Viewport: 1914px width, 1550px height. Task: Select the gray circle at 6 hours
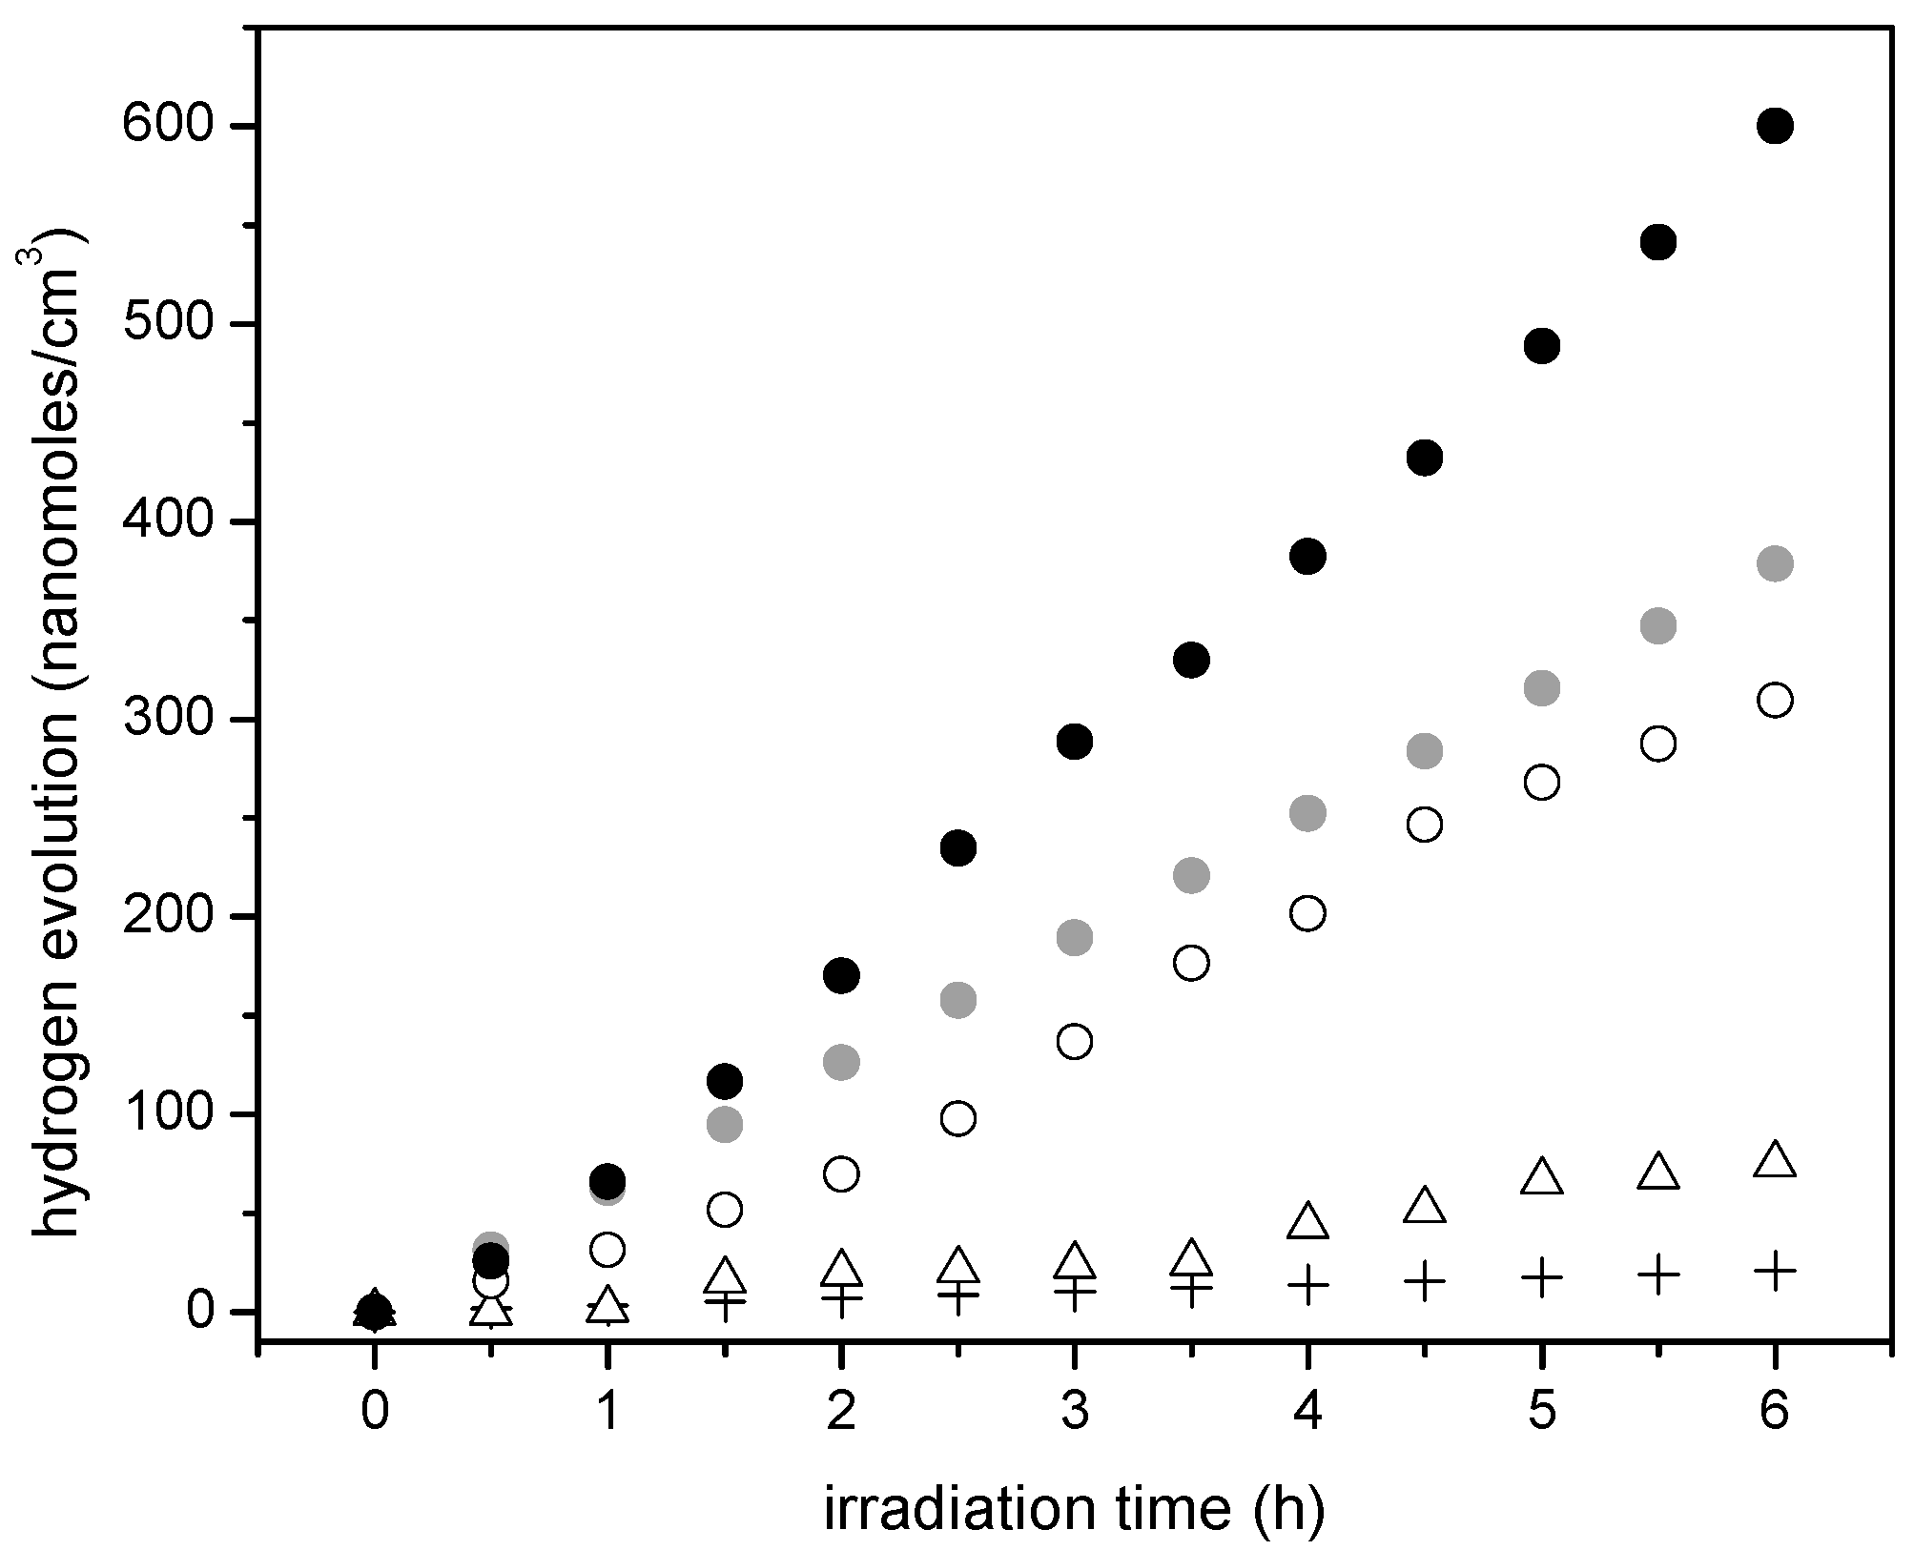click(x=1775, y=563)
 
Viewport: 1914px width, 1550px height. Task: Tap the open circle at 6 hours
click(x=1775, y=701)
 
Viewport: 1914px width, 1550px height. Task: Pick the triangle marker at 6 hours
click(x=1775, y=1161)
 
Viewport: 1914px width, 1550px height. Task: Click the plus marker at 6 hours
click(x=1775, y=1271)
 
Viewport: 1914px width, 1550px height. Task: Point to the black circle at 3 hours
click(x=1075, y=741)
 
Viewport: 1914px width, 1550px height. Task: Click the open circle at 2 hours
click(x=841, y=1174)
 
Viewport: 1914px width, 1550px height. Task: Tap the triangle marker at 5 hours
click(x=1542, y=1178)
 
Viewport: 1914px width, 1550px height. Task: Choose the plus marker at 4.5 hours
click(x=1425, y=1281)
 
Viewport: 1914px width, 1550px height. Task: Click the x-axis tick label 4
click(x=1307, y=1411)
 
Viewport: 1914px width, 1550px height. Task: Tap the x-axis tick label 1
click(x=607, y=1411)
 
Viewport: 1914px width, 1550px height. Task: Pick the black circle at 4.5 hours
click(x=1425, y=459)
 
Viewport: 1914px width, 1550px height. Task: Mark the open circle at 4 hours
click(x=1307, y=913)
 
